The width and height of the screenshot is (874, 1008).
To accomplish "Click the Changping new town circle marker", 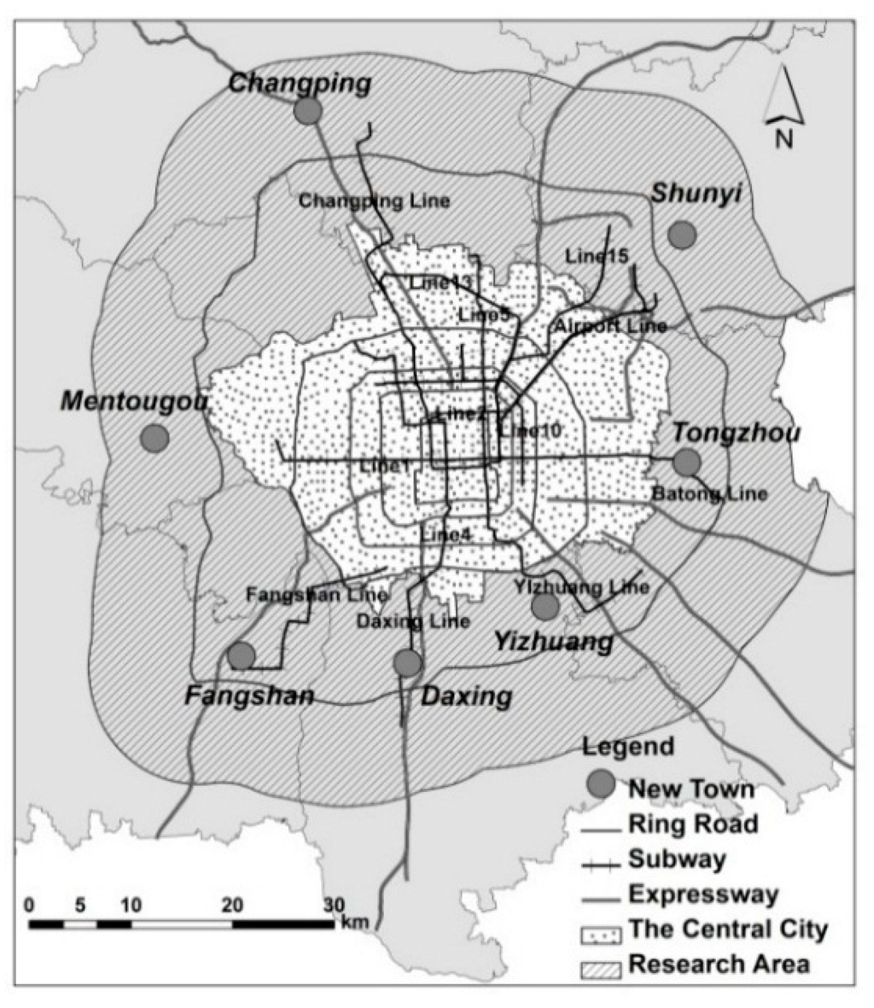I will point(307,111).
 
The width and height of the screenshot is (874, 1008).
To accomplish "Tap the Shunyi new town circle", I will point(681,234).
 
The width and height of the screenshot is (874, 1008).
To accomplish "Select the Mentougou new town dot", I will point(154,438).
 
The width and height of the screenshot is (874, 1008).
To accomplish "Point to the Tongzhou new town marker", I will point(686,462).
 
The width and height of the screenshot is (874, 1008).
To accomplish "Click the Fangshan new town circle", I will point(242,655).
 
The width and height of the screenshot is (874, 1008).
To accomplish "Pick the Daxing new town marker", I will point(408,661).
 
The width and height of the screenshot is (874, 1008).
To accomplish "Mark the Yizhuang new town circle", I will point(545,607).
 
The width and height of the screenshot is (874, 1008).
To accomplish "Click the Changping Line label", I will point(374,201).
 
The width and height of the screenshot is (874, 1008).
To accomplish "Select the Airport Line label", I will point(610,326).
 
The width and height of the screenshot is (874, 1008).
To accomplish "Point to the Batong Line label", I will point(709,493).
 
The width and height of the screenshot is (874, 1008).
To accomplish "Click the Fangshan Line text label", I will point(317,595).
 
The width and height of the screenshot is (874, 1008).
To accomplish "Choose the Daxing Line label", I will point(414,621).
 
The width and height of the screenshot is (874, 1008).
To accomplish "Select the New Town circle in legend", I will point(602,784).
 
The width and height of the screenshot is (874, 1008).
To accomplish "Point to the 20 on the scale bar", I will point(232,904).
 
